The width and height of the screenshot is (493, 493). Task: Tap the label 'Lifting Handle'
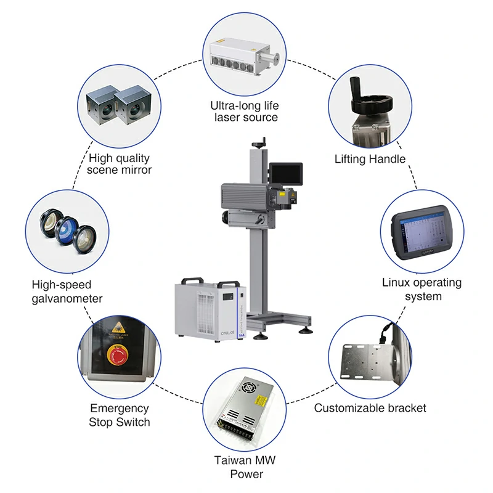coord(370,159)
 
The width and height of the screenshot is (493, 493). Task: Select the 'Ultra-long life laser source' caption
coord(244,112)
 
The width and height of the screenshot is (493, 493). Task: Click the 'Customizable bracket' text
coord(370,408)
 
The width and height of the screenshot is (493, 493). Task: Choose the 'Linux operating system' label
coord(422,290)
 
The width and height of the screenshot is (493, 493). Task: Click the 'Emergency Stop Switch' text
coord(120,415)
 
